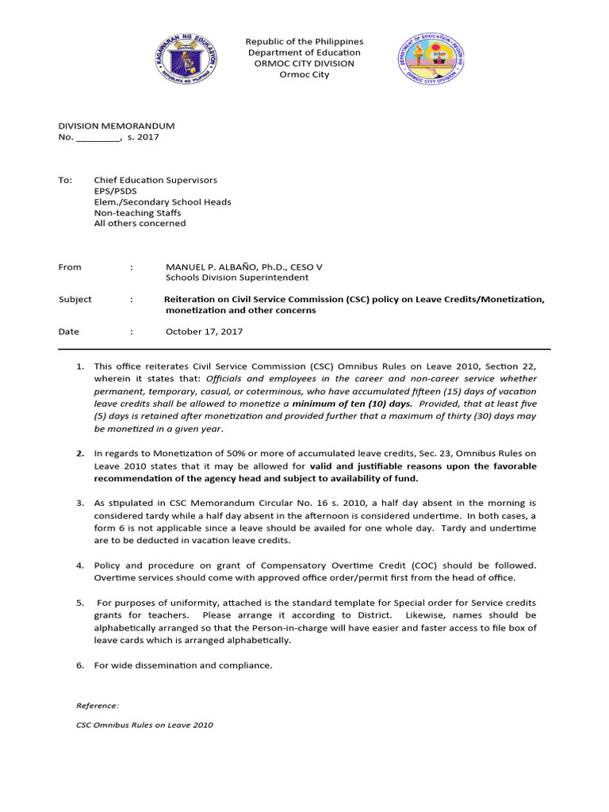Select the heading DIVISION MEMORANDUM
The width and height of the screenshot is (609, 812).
click(x=117, y=126)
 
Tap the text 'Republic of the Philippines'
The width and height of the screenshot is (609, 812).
click(x=304, y=41)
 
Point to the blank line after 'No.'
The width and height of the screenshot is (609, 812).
click(x=97, y=138)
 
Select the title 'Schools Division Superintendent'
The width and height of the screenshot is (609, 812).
click(x=236, y=278)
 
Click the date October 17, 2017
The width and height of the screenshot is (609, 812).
click(x=204, y=331)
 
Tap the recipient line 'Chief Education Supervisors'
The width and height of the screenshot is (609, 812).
click(x=155, y=181)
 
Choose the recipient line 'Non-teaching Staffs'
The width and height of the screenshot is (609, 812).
click(x=137, y=213)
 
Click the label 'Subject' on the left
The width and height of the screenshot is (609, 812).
click(x=75, y=300)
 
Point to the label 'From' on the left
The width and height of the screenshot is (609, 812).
click(x=70, y=267)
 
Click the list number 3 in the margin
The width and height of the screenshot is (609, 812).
click(x=80, y=504)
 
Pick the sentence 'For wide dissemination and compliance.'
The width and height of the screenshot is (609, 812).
click(x=183, y=665)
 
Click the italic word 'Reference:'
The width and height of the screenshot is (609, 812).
click(x=98, y=705)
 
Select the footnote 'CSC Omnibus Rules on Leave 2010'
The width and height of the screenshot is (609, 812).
click(x=144, y=725)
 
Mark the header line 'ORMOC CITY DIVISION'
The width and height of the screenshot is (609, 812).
click(x=304, y=63)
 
